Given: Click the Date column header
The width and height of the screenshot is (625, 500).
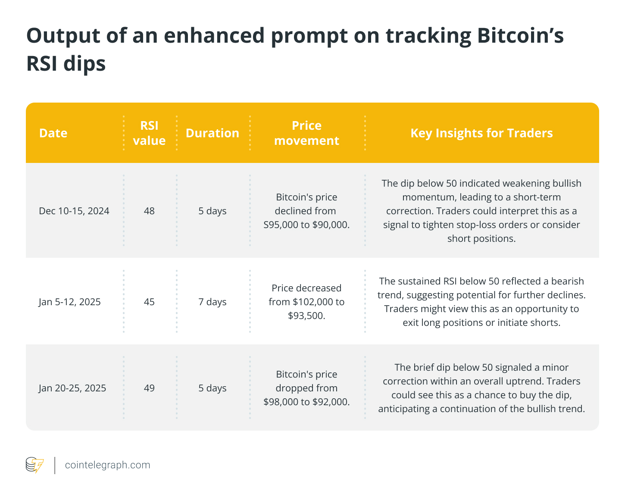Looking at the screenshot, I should (53, 133).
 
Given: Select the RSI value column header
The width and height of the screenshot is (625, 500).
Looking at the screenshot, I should (149, 133).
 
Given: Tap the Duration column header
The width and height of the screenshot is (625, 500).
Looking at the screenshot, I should (212, 133).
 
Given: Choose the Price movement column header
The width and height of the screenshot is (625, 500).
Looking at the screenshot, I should (306, 133).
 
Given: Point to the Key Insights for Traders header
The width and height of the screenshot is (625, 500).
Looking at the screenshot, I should (481, 133).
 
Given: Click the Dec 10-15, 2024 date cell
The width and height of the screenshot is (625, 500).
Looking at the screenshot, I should (74, 211).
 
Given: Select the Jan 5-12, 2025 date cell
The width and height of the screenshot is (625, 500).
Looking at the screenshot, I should (70, 302).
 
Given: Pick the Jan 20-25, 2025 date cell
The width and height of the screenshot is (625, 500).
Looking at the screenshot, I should (72, 388).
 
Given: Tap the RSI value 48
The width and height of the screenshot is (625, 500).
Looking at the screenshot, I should (149, 211).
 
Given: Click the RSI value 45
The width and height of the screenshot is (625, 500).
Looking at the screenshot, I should (149, 302).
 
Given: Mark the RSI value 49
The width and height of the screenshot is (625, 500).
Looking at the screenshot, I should (149, 388).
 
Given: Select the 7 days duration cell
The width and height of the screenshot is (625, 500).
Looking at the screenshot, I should (212, 302).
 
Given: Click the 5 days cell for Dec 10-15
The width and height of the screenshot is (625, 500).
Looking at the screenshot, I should (212, 211).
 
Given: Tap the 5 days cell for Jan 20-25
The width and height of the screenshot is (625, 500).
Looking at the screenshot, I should (212, 388).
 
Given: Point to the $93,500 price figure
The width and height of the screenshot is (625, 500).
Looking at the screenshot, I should (306, 316).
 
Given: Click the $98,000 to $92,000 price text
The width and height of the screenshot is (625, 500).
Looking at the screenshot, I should (306, 402).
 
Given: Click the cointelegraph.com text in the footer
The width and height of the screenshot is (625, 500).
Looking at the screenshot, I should (107, 465).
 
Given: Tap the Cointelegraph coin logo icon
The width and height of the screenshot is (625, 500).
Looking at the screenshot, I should (34, 465).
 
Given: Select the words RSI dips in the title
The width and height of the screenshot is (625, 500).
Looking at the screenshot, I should (66, 64).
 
